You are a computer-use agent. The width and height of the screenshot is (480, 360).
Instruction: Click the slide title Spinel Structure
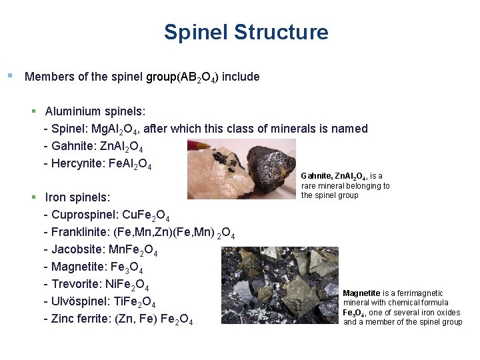tap(246, 32)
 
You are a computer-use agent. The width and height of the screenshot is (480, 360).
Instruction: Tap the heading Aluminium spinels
tap(95, 111)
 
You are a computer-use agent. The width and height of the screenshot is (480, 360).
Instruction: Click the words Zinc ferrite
tap(77, 320)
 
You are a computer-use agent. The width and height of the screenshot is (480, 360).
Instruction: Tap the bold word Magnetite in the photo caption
tap(361, 293)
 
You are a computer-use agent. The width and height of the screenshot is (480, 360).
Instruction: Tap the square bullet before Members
tap(9, 75)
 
